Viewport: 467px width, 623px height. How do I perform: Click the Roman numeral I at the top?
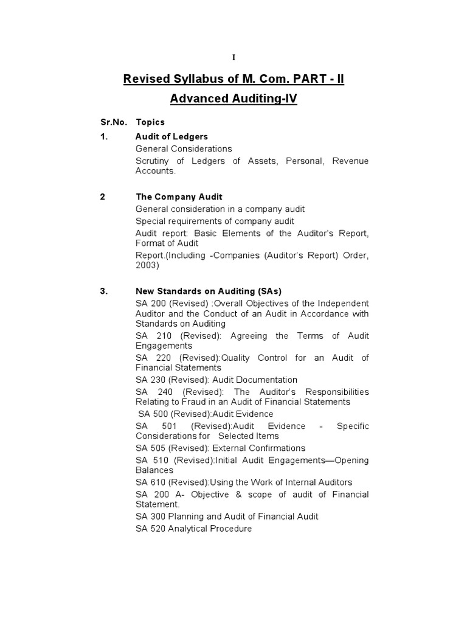click(233, 58)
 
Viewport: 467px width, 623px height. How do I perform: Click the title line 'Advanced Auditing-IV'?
click(233, 99)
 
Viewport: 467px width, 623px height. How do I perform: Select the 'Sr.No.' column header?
click(114, 122)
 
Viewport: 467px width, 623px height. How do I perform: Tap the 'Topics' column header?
click(150, 122)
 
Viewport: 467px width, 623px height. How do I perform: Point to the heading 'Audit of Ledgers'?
click(171, 136)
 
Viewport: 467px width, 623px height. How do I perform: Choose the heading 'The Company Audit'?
click(179, 197)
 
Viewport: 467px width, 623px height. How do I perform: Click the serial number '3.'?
click(104, 291)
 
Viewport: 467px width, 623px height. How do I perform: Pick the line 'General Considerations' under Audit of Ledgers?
click(184, 148)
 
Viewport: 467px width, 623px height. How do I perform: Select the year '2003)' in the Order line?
click(147, 265)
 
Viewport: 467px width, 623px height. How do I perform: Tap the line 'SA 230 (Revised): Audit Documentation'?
click(216, 380)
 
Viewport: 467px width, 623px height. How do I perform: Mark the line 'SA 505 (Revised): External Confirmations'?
click(220, 448)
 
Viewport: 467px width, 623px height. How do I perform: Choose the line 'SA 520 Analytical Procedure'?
click(193, 529)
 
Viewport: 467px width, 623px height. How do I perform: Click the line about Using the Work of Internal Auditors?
click(244, 482)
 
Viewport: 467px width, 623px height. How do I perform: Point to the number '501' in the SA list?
click(171, 426)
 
